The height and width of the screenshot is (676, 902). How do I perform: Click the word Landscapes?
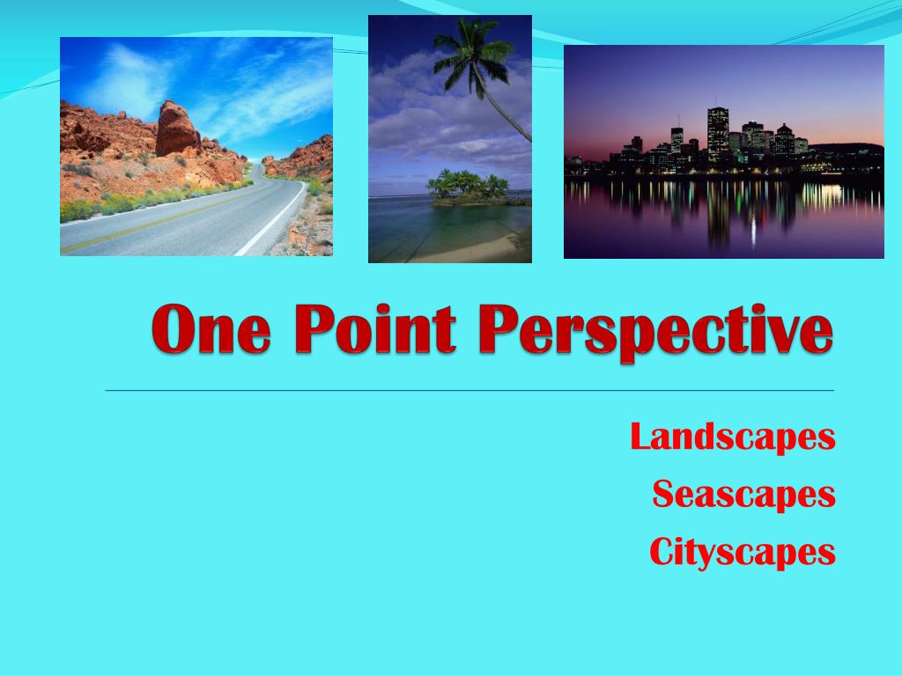(x=733, y=437)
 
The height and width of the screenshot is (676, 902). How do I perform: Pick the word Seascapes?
(x=743, y=494)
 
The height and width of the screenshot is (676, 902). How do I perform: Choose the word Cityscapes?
(x=742, y=553)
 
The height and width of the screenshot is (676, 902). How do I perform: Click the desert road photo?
(x=196, y=146)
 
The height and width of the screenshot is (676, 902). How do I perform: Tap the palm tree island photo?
(x=449, y=138)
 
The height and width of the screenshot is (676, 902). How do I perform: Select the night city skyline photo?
(x=723, y=151)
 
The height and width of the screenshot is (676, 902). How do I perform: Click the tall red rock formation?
(x=176, y=128)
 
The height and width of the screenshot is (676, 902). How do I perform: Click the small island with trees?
(x=467, y=188)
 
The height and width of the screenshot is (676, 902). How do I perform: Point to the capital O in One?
(x=171, y=330)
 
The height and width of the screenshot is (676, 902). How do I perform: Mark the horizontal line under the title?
(x=469, y=389)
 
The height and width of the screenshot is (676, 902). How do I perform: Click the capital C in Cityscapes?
(x=663, y=553)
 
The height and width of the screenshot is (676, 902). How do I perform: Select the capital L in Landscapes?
(x=641, y=437)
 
